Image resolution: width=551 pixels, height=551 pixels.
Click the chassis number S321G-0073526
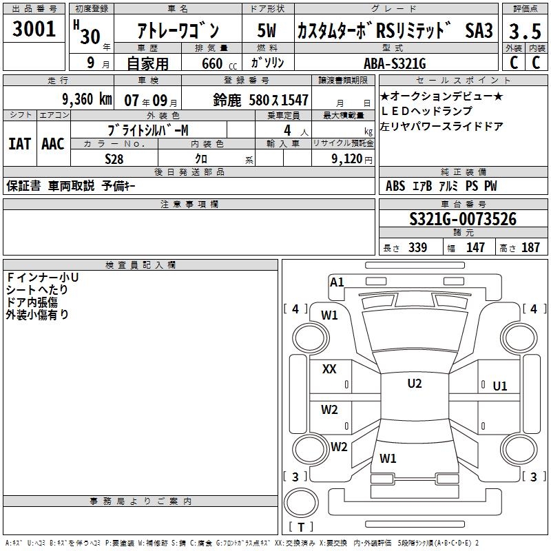pos(462,219)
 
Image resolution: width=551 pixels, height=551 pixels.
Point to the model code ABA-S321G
pos(395,63)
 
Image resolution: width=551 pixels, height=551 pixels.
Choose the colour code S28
pos(116,158)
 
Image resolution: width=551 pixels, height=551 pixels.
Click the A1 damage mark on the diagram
pos(337,282)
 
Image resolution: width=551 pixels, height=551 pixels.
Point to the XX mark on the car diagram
pos(330,369)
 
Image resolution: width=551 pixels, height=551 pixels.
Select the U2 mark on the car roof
pos(415,384)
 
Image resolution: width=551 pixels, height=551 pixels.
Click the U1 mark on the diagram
pos(500,386)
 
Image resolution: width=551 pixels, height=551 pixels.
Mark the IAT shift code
pos(20,143)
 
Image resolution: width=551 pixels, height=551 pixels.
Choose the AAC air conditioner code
pos(53,143)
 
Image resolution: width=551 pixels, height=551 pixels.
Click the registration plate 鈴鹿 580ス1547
pos(261,99)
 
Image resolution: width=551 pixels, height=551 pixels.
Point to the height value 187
pos(530,248)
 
